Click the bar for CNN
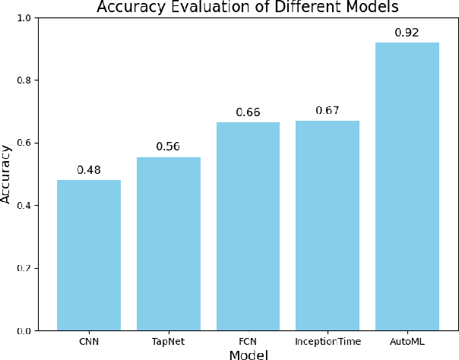(89, 255)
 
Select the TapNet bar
(169, 244)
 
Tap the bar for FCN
(248, 226)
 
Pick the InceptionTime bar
(328, 226)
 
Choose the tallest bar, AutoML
(407, 186)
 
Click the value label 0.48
(89, 169)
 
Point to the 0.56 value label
(169, 147)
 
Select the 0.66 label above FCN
(248, 112)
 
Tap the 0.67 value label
(328, 110)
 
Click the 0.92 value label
(407, 33)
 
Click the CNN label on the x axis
(89, 342)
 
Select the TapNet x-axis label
(169, 342)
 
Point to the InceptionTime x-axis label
(328, 342)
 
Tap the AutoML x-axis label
(407, 342)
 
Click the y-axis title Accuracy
(7, 174)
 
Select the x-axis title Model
(248, 354)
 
